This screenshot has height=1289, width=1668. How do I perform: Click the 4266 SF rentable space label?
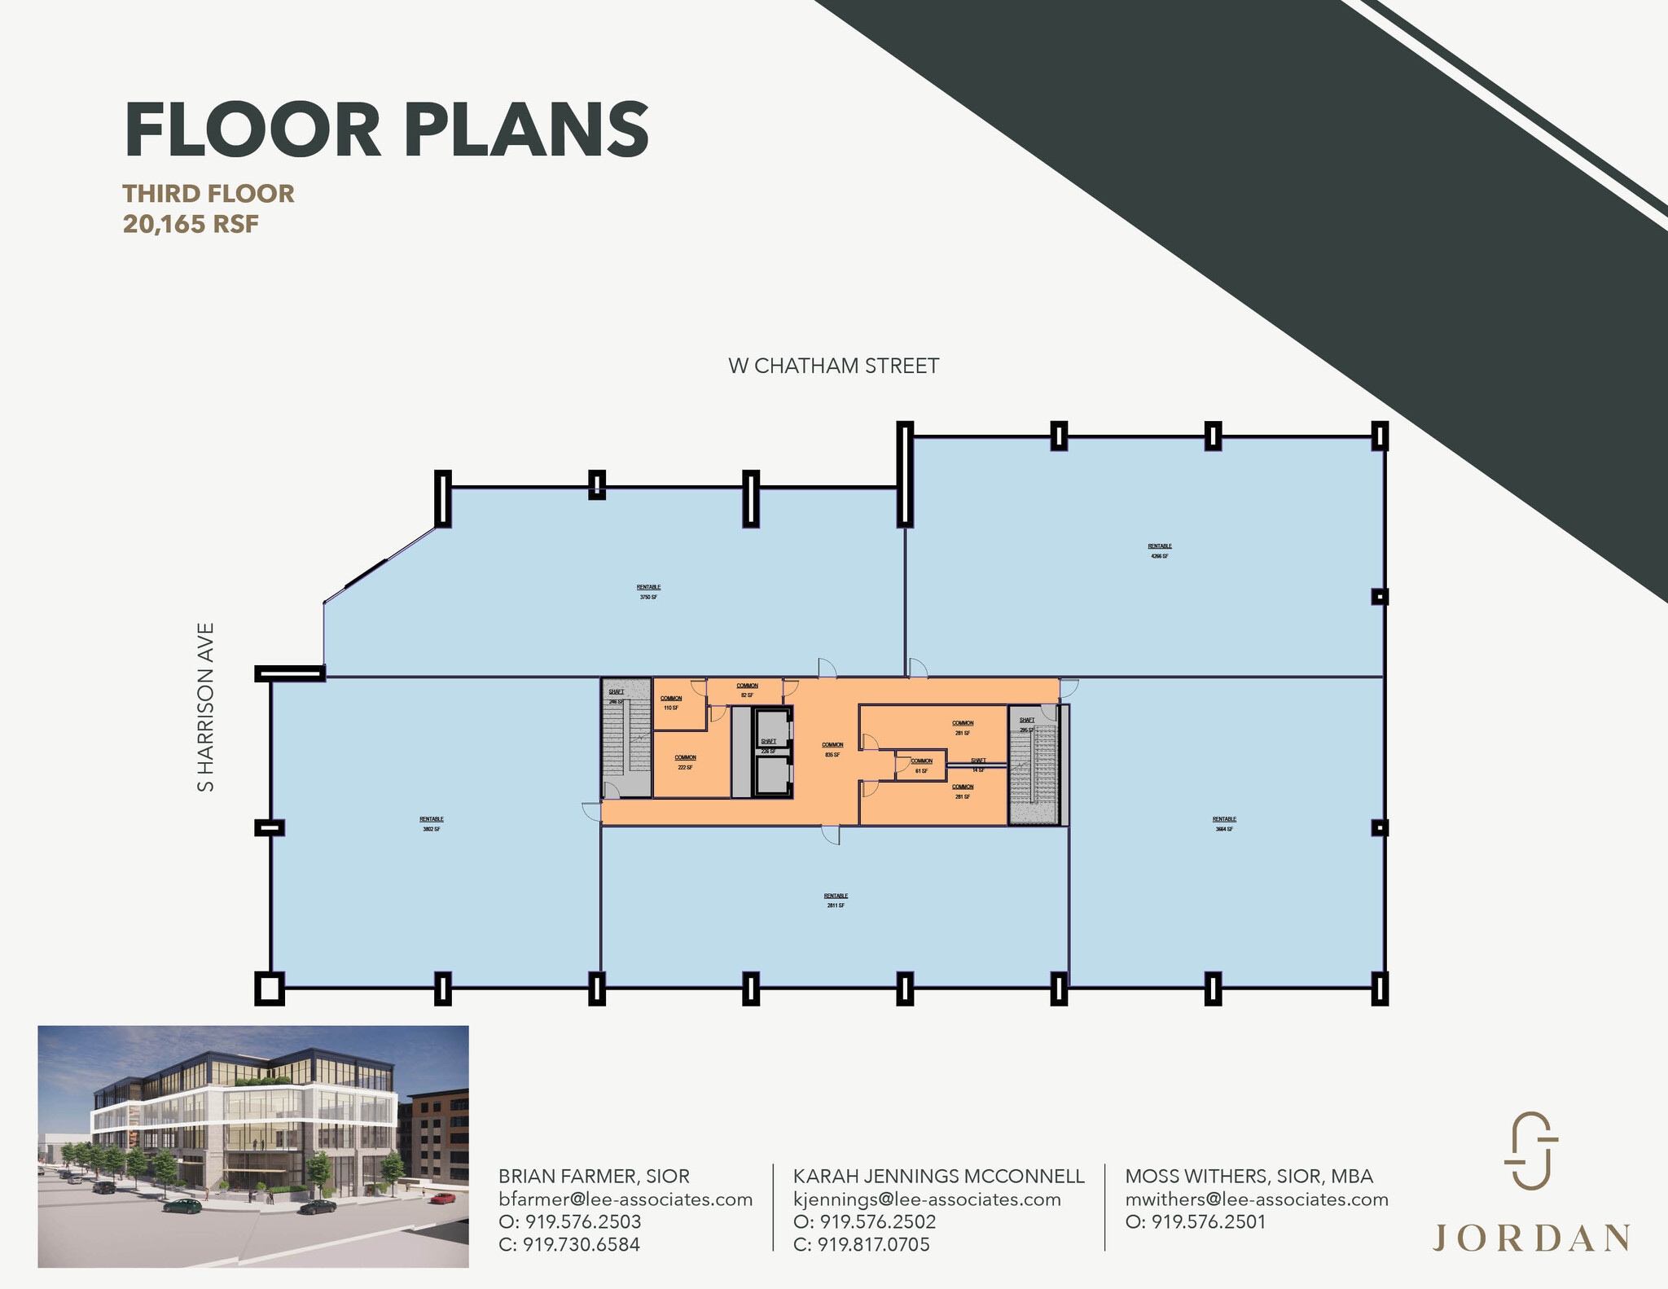click(x=1160, y=551)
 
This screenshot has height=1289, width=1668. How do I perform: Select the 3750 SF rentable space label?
click(x=648, y=592)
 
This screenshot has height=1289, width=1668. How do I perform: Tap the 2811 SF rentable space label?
click(x=836, y=901)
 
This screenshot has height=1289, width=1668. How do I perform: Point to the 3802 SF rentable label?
click(x=431, y=824)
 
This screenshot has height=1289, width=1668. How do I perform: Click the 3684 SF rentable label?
click(x=1224, y=824)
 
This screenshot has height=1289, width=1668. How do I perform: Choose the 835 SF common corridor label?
click(x=832, y=750)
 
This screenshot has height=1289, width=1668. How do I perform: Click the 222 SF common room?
click(x=685, y=762)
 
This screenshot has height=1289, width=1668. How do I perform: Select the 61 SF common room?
click(x=921, y=765)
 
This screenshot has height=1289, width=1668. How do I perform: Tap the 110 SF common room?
click(x=671, y=703)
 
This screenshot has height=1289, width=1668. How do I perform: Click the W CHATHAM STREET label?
click(x=833, y=366)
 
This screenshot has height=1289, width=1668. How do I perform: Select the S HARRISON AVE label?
click(x=206, y=707)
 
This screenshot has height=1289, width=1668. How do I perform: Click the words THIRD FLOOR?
click(x=208, y=194)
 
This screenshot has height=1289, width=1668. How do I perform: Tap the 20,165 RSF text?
click(x=191, y=224)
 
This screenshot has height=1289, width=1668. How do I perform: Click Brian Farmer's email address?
click(x=625, y=1199)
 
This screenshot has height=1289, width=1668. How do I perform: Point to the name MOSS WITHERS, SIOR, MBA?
click(x=1249, y=1176)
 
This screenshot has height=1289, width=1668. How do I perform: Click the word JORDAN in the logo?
click(x=1530, y=1238)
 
